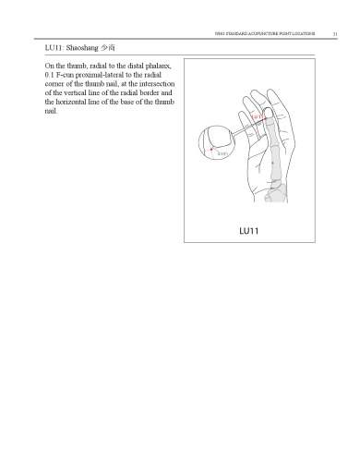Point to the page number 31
pos(346,33)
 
